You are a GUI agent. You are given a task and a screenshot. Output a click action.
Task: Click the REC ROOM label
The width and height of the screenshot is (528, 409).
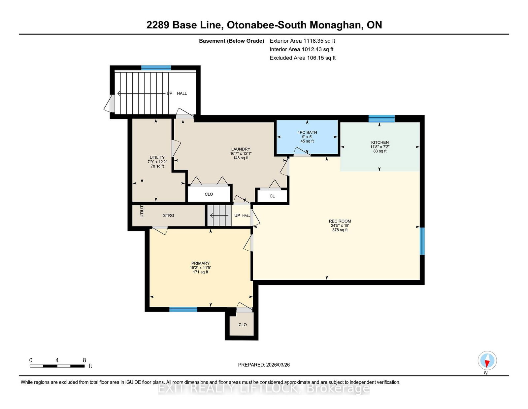point(340,221)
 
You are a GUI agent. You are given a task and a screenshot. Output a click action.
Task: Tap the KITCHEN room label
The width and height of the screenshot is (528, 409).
point(380,143)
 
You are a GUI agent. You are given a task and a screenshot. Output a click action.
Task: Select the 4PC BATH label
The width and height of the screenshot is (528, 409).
point(307,133)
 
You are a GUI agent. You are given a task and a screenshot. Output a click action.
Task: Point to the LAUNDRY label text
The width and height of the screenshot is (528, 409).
point(241,149)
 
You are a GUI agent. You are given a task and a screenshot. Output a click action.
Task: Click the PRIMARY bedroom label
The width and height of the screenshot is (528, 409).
point(200,263)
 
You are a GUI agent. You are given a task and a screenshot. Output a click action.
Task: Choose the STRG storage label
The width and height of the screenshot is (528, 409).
point(168,216)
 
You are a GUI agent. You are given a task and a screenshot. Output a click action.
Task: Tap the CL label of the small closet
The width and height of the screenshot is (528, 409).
point(272,196)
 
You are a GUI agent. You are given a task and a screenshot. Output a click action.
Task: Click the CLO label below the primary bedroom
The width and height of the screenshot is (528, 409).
point(243,325)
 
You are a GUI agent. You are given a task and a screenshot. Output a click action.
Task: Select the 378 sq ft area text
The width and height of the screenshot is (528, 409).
point(340,230)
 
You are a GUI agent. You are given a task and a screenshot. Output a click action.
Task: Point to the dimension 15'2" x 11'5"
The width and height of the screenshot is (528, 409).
point(200,267)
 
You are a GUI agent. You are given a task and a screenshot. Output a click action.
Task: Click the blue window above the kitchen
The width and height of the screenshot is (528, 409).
point(381,118)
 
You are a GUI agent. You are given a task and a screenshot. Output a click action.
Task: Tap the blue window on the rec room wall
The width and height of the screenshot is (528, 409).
point(422,241)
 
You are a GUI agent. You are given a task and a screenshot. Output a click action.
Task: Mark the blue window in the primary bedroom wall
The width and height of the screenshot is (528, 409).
point(183,309)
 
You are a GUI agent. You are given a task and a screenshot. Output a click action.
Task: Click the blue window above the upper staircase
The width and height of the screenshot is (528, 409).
point(156,68)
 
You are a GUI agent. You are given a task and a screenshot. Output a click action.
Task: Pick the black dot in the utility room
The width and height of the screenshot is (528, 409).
point(142,181)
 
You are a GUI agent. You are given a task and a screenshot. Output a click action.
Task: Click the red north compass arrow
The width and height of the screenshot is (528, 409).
point(487,363)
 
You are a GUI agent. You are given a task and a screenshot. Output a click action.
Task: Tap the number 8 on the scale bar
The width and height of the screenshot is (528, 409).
point(84,360)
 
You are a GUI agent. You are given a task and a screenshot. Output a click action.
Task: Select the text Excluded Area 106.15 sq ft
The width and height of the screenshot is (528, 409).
point(303,58)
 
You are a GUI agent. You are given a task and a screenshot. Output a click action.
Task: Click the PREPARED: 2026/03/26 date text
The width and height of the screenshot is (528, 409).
point(264,365)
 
